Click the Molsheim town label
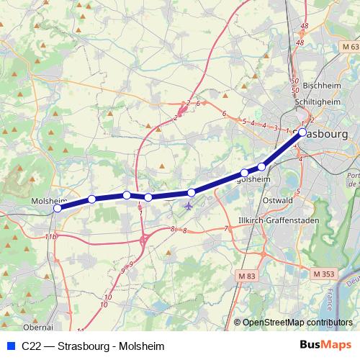(x=48, y=202)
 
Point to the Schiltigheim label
(x=322, y=102)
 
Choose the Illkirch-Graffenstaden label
(x=274, y=220)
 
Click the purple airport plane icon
(x=189, y=207)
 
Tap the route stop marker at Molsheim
(x=58, y=209)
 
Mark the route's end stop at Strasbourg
(x=302, y=132)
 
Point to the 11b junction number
(x=50, y=236)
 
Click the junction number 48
(x=305, y=26)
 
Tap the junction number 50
(x=294, y=81)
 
